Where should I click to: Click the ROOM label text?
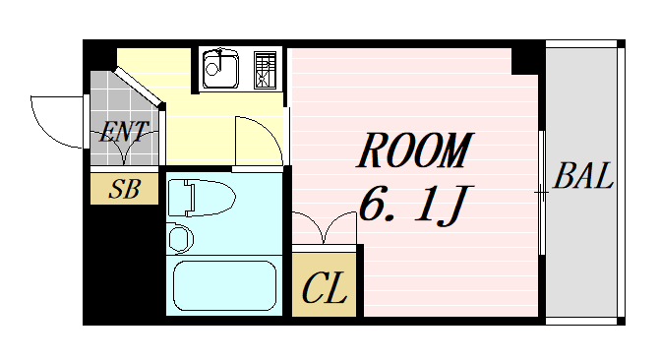tap(415, 150)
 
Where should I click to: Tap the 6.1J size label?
tap(415, 205)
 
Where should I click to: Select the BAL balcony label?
tap(583, 176)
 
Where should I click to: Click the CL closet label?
tap(325, 288)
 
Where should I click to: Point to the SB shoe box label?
tap(124, 189)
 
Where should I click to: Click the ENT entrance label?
tap(124, 132)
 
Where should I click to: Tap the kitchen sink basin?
tap(220, 69)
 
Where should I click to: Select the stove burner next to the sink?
tap(266, 70)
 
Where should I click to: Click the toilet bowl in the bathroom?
tap(202, 198)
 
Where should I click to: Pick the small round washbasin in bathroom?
tap(180, 239)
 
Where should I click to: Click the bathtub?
tap(224, 285)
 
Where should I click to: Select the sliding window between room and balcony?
tap(542, 193)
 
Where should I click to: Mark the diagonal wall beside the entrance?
tap(139, 88)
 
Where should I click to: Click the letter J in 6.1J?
tap(455, 206)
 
